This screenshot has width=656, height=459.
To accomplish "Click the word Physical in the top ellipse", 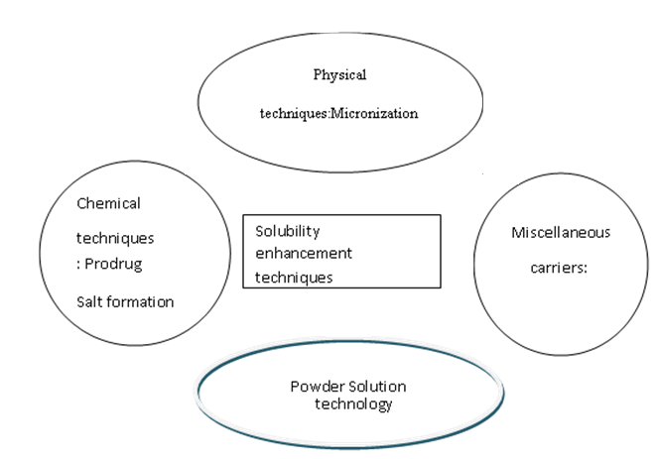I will (340, 74).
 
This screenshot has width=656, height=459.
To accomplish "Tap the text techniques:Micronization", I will (337, 113).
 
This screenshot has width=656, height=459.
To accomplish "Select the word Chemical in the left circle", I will (108, 203).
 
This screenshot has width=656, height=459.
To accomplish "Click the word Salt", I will (90, 301).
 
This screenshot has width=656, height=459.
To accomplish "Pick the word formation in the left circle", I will (140, 301).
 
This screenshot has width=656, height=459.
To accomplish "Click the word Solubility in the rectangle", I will (288, 230).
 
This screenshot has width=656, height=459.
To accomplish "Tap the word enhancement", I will (304, 253).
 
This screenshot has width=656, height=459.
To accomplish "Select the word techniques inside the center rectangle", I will (293, 277).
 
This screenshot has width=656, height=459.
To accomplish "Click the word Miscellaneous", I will (561, 233).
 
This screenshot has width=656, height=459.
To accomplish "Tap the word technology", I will (353, 403).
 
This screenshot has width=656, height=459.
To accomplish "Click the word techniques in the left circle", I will (114, 239).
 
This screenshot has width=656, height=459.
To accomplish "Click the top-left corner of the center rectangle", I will (244, 215).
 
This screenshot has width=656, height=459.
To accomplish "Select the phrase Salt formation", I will (125, 301).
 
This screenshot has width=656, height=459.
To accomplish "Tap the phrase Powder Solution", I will (348, 386).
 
